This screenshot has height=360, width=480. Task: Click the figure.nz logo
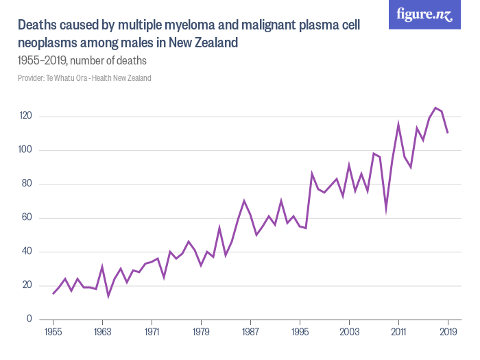pos(424,14)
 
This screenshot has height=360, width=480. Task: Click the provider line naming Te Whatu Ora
pos(84,78)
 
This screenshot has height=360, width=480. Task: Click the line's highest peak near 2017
pos(435,108)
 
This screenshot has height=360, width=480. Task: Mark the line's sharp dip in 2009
pos(386,210)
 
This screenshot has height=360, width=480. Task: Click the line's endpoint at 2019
pos(448,133)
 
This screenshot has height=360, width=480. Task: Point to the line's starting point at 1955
pos(53,294)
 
